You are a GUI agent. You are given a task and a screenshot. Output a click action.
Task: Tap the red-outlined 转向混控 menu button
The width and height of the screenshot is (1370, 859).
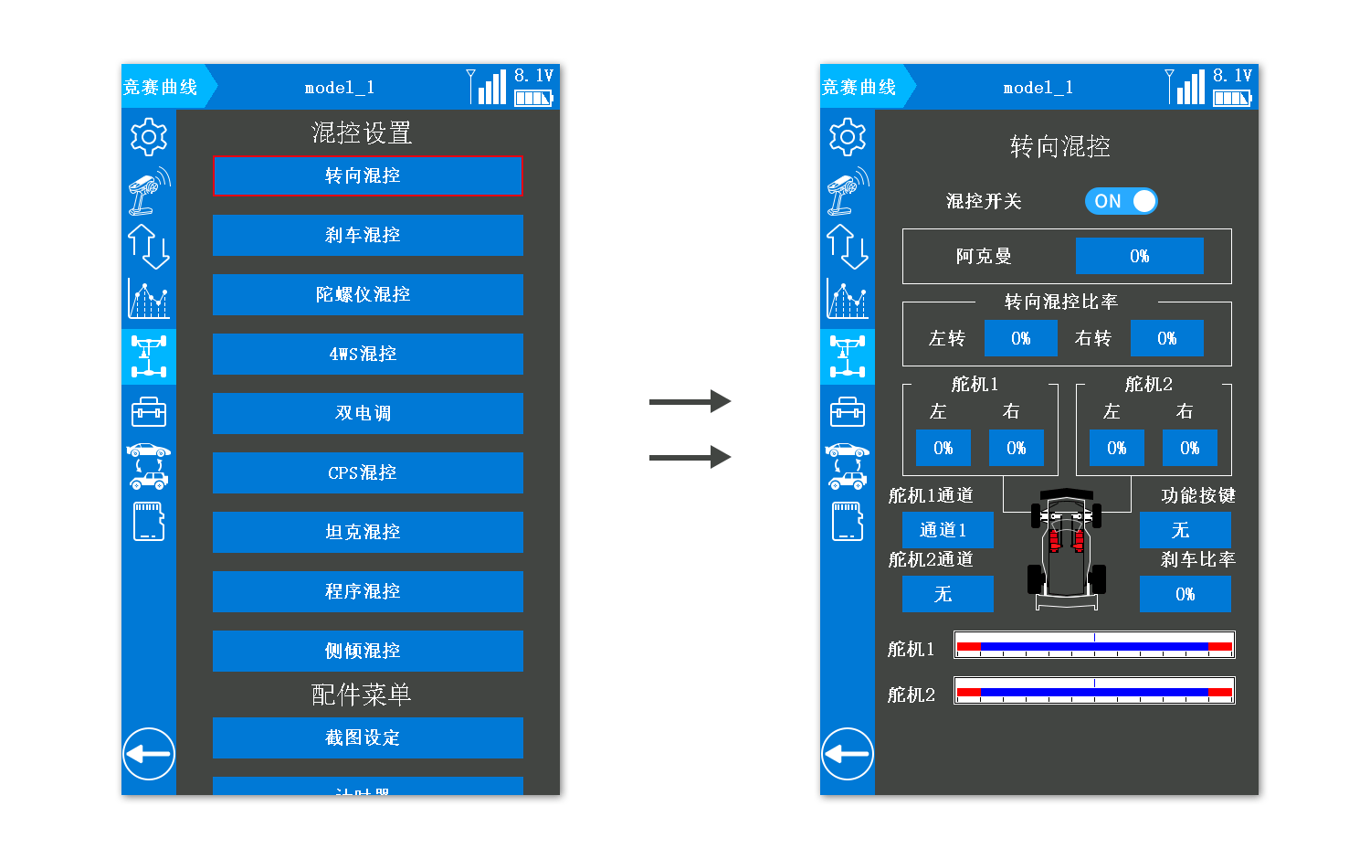pyautogui.click(x=367, y=175)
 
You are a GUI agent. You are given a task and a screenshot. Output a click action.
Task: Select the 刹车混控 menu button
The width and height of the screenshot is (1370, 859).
pyautogui.click(x=367, y=235)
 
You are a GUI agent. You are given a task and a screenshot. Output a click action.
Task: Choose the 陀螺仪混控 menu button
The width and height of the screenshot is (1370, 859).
pyautogui.click(x=367, y=294)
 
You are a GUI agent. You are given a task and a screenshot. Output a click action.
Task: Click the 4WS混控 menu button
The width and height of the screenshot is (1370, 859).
pyautogui.click(x=367, y=354)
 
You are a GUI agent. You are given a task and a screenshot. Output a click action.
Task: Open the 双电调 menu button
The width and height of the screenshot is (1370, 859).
pyautogui.click(x=367, y=413)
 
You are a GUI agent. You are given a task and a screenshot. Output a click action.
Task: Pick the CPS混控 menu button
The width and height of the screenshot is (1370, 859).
pyautogui.click(x=367, y=472)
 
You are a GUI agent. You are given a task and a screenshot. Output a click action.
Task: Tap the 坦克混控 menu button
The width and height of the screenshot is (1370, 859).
pyautogui.click(x=367, y=532)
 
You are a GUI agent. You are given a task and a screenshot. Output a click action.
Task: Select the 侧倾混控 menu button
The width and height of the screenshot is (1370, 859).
pyautogui.click(x=367, y=651)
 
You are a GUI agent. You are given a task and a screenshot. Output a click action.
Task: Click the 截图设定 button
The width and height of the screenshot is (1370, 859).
pyautogui.click(x=367, y=737)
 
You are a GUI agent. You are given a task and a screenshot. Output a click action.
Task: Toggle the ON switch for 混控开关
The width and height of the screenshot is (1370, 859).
pyautogui.click(x=1121, y=201)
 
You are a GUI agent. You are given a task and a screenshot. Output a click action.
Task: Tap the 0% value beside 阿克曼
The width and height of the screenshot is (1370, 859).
pyautogui.click(x=1139, y=256)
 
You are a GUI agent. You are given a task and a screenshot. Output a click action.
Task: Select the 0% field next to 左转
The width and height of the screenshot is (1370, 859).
pyautogui.click(x=1020, y=338)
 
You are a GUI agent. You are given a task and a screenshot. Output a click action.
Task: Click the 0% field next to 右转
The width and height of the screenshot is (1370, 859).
pyautogui.click(x=1166, y=338)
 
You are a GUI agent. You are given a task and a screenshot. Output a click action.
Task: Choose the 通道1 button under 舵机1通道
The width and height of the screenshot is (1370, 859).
pyautogui.click(x=947, y=530)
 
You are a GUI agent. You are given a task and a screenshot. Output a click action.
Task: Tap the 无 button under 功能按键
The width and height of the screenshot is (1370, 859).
pyautogui.click(x=1185, y=530)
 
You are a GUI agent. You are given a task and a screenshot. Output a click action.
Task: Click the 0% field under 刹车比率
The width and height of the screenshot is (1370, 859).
pyautogui.click(x=1185, y=594)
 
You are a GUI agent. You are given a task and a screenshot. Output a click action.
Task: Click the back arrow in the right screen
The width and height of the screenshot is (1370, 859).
pyautogui.click(x=847, y=754)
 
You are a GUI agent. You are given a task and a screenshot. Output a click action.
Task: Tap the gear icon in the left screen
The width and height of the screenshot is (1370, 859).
pyautogui.click(x=148, y=137)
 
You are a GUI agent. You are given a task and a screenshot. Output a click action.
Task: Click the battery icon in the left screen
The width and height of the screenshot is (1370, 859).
pyautogui.click(x=533, y=98)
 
